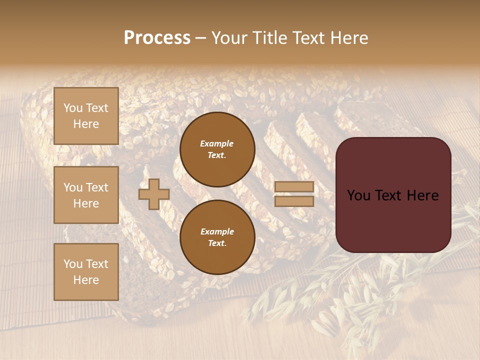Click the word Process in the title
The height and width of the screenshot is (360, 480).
pyautogui.click(x=157, y=38)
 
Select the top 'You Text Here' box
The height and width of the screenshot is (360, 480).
pyautogui.click(x=86, y=116)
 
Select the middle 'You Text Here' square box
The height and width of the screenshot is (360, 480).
pyautogui.click(x=86, y=195)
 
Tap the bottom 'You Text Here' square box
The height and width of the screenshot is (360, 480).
pyautogui.click(x=86, y=272)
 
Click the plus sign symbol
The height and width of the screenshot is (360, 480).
pyautogui.click(x=153, y=194)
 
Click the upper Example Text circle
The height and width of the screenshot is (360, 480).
pyautogui.click(x=217, y=149)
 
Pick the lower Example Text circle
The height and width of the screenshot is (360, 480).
pyautogui.click(x=217, y=237)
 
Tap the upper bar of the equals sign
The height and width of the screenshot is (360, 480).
pyautogui.click(x=294, y=187)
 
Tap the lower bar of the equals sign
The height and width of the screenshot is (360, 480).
pyautogui.click(x=294, y=201)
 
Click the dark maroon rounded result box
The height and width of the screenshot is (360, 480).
pyautogui.click(x=393, y=195)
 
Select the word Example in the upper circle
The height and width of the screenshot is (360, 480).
pyautogui.click(x=216, y=143)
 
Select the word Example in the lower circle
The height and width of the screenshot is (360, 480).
pyautogui.click(x=216, y=231)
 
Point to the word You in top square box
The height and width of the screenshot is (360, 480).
pyautogui.click(x=73, y=108)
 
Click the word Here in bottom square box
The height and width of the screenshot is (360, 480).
pyautogui.click(x=86, y=280)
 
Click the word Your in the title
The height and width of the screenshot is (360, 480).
pyautogui.click(x=230, y=38)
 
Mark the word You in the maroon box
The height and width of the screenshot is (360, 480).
pyautogui.click(x=358, y=195)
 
